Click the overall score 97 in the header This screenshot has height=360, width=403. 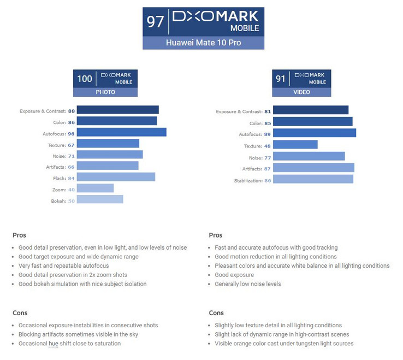(x=156, y=22)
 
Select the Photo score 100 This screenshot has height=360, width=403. (x=85, y=79)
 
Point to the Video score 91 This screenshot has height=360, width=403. (x=281, y=79)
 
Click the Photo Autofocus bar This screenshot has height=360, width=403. (x=121, y=132)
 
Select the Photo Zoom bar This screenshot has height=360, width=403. (x=95, y=188)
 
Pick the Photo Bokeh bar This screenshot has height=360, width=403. (x=100, y=199)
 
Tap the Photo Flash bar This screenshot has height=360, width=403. (x=116, y=177)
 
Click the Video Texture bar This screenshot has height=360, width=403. (x=295, y=145)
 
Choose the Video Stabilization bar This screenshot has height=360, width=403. (x=313, y=179)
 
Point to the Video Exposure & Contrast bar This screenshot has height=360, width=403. (x=310, y=110)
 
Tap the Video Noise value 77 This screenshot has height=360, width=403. (x=267, y=157)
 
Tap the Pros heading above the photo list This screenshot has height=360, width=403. (x=19, y=235)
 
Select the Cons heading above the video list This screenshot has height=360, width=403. (x=216, y=313)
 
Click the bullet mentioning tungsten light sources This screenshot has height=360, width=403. (x=284, y=344)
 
